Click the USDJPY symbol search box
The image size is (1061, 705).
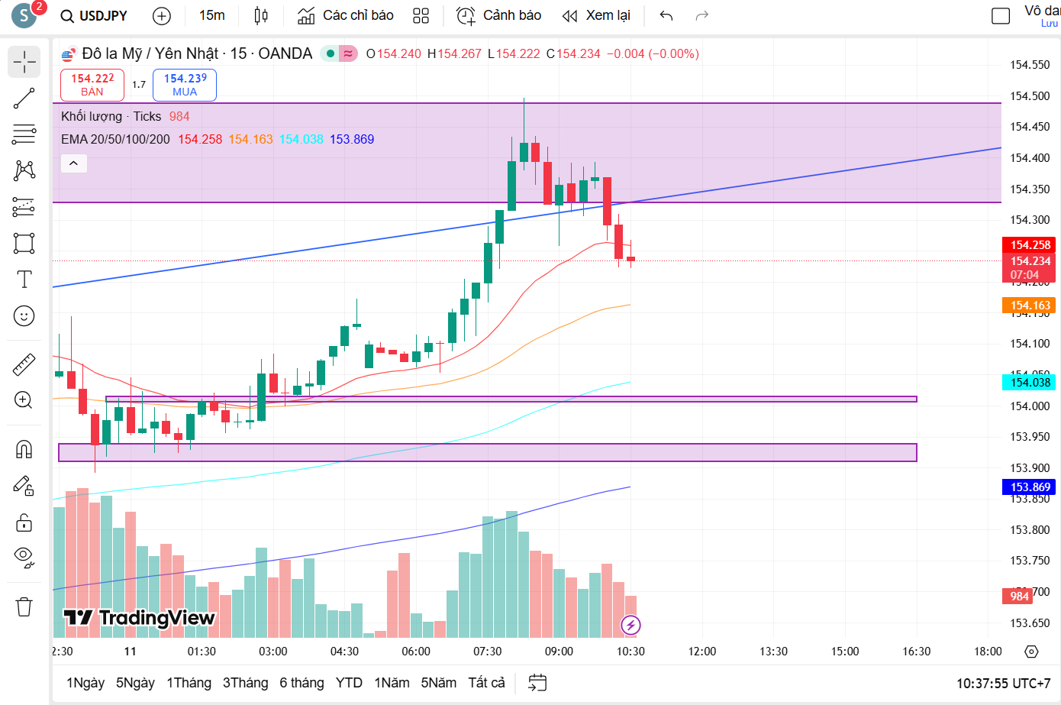95,15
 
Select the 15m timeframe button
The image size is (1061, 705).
211,15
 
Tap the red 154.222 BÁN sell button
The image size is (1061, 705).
92,85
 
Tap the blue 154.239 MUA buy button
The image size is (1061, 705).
185,85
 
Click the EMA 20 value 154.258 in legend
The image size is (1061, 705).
200,139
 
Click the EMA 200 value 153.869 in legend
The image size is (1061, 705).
352,139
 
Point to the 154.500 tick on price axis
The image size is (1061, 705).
1030,95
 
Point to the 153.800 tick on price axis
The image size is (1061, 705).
1030,529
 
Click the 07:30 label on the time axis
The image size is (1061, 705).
488,652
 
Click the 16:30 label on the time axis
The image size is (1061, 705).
917,652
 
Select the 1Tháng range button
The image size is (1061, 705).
189,683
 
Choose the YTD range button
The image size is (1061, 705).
349,683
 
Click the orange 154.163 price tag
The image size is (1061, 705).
1029,306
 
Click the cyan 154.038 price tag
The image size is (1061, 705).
1029,383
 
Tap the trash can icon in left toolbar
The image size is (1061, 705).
24,607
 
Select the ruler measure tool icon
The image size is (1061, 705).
24,364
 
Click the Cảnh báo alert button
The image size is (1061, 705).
499,15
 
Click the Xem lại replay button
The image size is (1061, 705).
596,15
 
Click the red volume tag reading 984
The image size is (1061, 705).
1019,596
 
